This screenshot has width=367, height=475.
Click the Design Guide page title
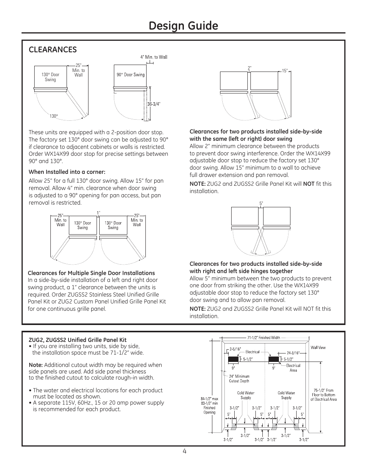pos(183,26)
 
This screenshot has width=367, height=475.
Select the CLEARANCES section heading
pos(53,49)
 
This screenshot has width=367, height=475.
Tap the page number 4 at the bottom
pos(185,452)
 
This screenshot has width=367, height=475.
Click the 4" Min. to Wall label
pos(153,57)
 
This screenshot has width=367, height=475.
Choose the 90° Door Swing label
pos(130,75)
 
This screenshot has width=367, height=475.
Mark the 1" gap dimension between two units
pos(98,212)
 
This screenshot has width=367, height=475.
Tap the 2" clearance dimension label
pos(249,68)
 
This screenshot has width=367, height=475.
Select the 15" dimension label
pos(285,70)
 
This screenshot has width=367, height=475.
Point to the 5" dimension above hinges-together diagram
pos(261,203)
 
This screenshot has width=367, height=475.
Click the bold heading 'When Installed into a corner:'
pos(67,172)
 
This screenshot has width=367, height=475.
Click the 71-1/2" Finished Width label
pos(264,338)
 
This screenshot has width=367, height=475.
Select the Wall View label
pos(318,347)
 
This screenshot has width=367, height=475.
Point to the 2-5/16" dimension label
pos(235,349)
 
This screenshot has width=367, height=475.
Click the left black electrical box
pos(233,359)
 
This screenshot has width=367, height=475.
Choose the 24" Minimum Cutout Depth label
pos(239,378)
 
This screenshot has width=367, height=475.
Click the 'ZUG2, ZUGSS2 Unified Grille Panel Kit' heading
pos(78,340)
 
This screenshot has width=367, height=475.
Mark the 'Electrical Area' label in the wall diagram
pos(293,368)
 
